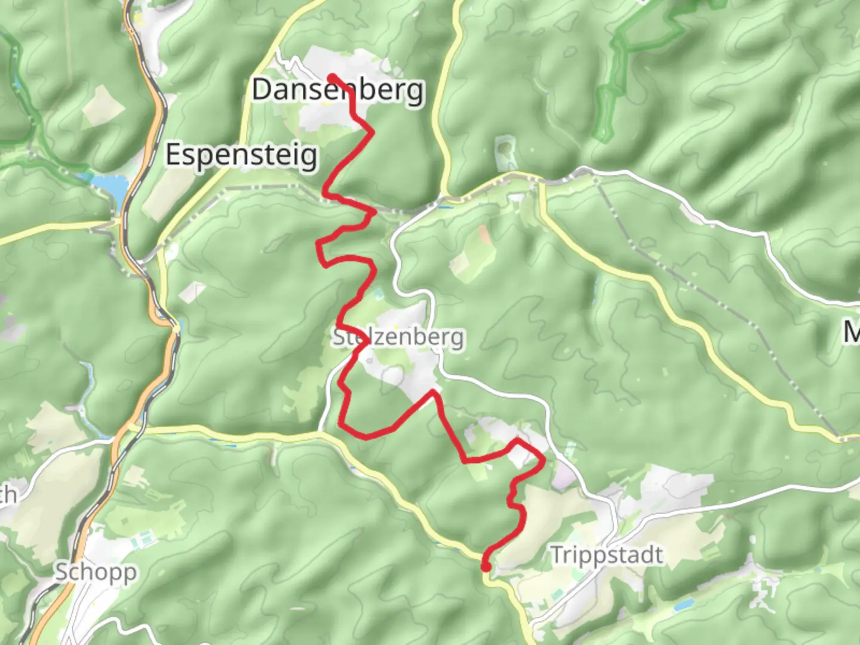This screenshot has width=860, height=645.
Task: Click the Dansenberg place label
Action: tap(338, 90)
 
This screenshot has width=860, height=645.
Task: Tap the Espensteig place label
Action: tap(241, 155)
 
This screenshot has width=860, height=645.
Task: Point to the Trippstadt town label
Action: tap(606, 555)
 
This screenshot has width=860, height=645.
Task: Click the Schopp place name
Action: tap(96, 572)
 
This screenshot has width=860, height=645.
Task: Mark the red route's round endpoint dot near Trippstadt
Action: tap(486, 566)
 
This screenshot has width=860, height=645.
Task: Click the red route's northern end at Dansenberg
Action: tap(330, 76)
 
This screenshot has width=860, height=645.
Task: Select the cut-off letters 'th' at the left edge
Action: tap(8, 494)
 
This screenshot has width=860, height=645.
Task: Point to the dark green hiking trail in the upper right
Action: tap(621, 66)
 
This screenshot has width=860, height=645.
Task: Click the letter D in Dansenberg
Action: tap(261, 90)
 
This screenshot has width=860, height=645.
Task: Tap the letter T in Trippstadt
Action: tap(555, 555)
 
